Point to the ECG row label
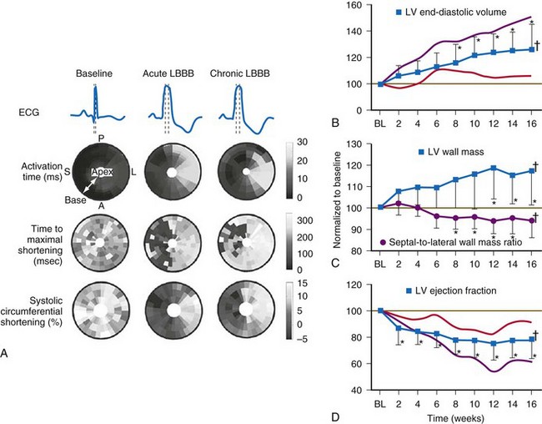point(27,110)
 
